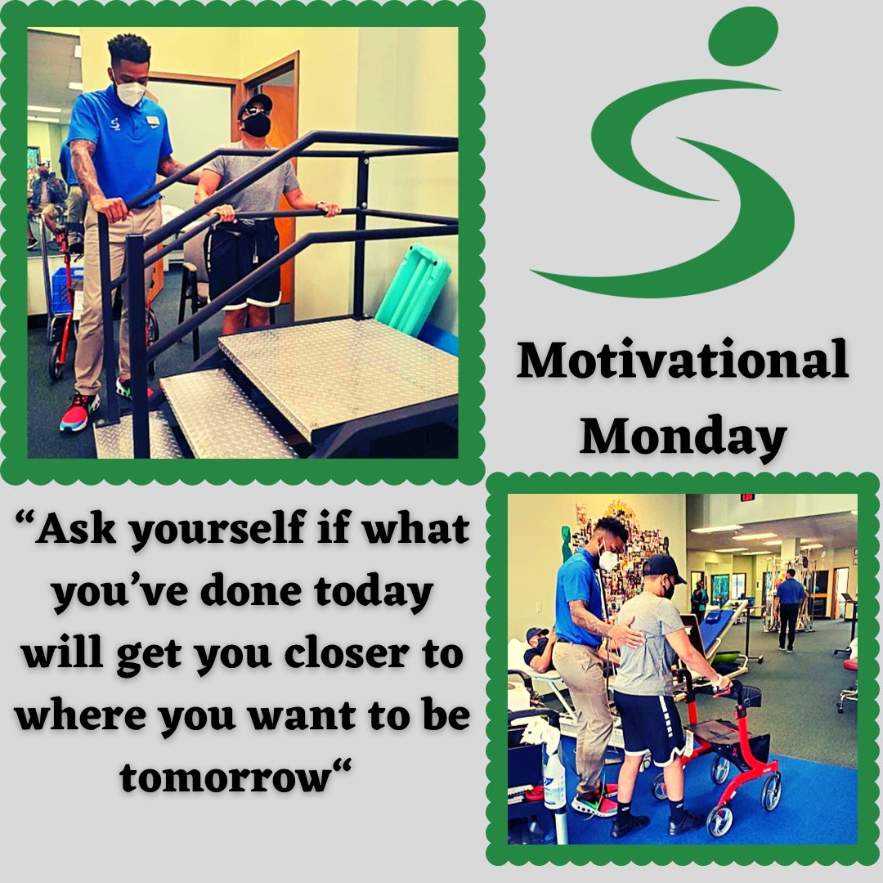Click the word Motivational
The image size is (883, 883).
click(x=682, y=360)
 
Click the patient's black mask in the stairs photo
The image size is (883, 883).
click(x=256, y=125)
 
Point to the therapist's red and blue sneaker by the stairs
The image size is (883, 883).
click(x=79, y=412)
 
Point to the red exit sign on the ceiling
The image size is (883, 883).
click(x=746, y=497)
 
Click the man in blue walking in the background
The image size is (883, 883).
click(x=789, y=609)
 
